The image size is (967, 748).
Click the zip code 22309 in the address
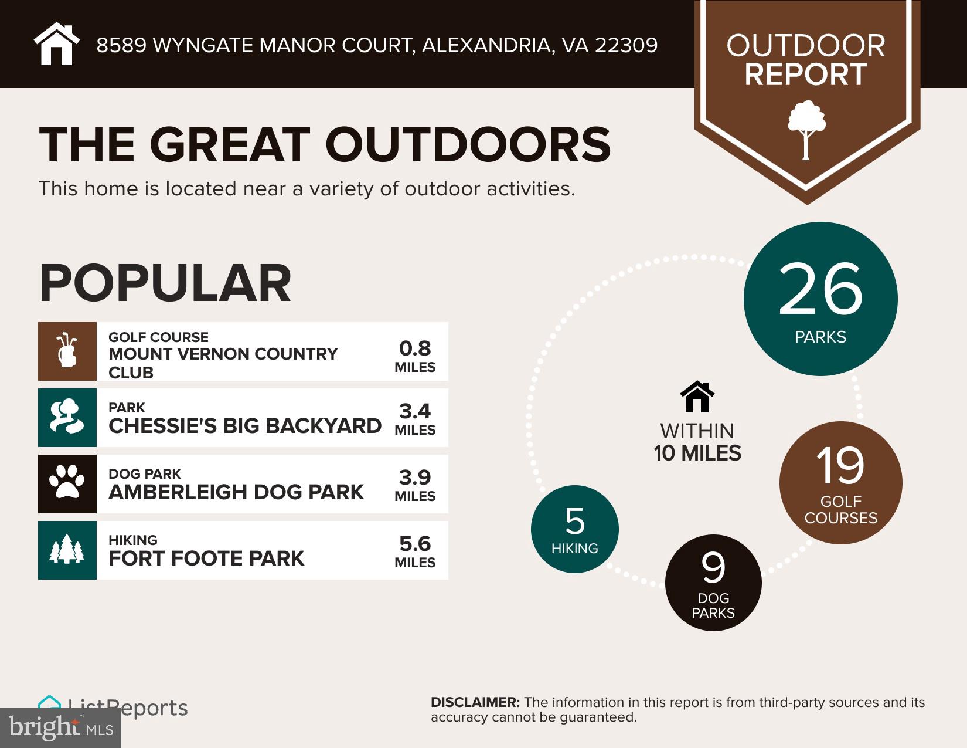pyautogui.click(x=626, y=45)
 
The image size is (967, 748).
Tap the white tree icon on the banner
pyautogui.click(x=806, y=130)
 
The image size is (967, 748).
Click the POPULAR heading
pyautogui.click(x=165, y=283)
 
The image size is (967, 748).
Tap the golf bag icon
pyautogui.click(x=67, y=351)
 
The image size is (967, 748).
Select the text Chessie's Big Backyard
pyautogui.click(x=245, y=425)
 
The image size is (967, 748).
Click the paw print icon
pyautogui.click(x=67, y=483)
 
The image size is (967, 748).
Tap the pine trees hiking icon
pyautogui.click(x=67, y=550)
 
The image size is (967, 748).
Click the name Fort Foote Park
pyautogui.click(x=206, y=558)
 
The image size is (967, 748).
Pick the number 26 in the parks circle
pyautogui.click(x=820, y=289)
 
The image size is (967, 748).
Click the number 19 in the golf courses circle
pyautogui.click(x=840, y=466)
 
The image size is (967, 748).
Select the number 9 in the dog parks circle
pyautogui.click(x=713, y=568)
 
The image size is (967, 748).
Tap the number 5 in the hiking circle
pyautogui.click(x=574, y=521)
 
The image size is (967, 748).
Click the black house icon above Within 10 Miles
pyautogui.click(x=697, y=397)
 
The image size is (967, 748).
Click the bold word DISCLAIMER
pyautogui.click(x=475, y=702)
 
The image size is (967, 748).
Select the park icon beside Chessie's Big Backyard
pyautogui.click(x=67, y=417)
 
